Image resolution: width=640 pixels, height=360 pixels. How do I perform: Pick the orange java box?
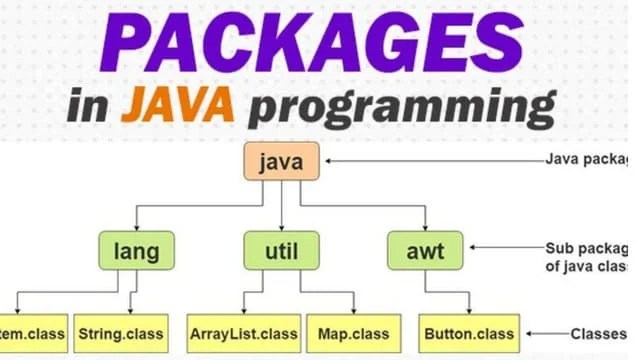click(281, 160)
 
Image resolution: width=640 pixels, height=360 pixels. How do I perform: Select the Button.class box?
click(470, 333)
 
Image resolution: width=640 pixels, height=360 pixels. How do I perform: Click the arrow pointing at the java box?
click(430, 160)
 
